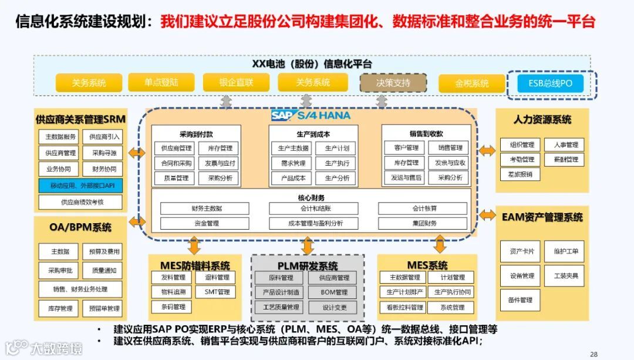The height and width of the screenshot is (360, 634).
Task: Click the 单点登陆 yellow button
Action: (161, 82)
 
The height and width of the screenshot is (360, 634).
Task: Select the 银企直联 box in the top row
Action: (235, 82)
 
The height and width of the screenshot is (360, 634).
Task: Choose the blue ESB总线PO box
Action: (550, 83)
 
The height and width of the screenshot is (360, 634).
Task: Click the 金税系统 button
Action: (471, 83)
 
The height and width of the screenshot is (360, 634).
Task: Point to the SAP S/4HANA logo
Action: (311, 115)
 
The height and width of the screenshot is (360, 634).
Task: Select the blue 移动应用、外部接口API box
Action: (80, 186)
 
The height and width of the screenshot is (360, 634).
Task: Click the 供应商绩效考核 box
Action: (80, 202)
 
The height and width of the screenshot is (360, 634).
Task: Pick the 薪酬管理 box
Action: (565, 159)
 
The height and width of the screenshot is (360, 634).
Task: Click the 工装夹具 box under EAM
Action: (565, 275)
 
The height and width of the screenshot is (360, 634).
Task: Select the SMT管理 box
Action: (217, 292)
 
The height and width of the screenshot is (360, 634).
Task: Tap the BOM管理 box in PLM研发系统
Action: (333, 292)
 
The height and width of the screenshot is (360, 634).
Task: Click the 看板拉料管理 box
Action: (402, 307)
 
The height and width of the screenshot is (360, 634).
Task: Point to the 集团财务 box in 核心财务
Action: (423, 223)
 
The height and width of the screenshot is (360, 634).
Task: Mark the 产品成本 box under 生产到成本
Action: (291, 177)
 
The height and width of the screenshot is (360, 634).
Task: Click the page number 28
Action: (593, 354)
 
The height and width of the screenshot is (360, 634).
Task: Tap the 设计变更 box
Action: (333, 307)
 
